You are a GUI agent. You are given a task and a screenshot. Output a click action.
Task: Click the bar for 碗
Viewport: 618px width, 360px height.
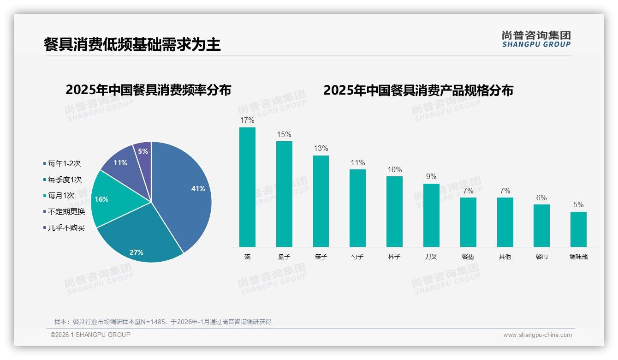click(247, 187)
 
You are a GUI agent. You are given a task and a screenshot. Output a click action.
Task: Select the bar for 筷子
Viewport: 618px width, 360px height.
click(321, 201)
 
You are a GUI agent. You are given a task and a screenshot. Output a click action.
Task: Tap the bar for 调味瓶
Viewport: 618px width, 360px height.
click(578, 229)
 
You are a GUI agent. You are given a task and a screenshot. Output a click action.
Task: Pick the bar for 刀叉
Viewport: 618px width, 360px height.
click(431, 215)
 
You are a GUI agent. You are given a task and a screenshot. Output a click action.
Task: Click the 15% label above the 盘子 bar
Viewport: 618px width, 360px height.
click(284, 135)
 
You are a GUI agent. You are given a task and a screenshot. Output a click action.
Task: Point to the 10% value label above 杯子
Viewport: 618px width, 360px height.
click(394, 170)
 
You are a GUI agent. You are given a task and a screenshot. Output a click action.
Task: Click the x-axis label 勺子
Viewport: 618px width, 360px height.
click(357, 257)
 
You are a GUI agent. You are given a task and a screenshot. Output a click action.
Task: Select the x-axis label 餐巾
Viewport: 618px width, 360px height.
click(541, 257)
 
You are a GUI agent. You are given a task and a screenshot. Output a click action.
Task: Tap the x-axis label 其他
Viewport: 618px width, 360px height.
click(505, 257)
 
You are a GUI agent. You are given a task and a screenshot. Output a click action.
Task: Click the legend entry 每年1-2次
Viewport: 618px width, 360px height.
click(64, 163)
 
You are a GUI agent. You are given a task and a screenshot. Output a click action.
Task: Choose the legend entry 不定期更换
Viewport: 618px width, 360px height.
click(66, 211)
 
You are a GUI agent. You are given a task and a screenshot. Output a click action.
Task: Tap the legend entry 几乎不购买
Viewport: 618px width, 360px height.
click(66, 228)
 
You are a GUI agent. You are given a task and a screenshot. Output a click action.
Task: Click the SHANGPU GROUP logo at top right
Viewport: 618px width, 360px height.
click(536, 39)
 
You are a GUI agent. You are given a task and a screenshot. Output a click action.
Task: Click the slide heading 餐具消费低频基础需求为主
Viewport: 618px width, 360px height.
click(132, 44)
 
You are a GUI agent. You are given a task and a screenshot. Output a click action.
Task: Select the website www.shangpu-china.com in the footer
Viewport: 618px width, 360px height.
click(537, 335)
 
